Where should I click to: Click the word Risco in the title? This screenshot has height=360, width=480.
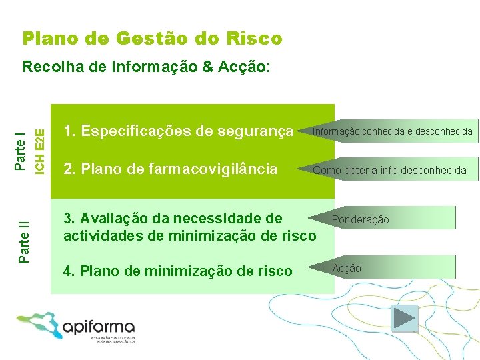click(x=256, y=39)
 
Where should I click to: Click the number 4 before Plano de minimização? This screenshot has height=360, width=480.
click(x=67, y=271)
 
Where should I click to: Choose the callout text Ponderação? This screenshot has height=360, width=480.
click(x=361, y=219)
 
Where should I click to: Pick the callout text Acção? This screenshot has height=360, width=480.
click(x=347, y=268)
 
